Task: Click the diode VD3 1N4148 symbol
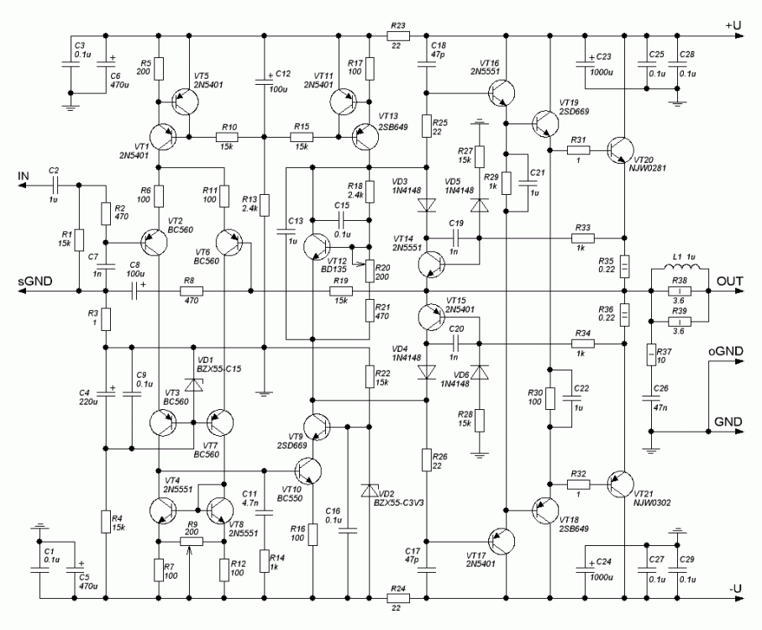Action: [427, 202]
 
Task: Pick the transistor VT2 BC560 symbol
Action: [155, 242]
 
